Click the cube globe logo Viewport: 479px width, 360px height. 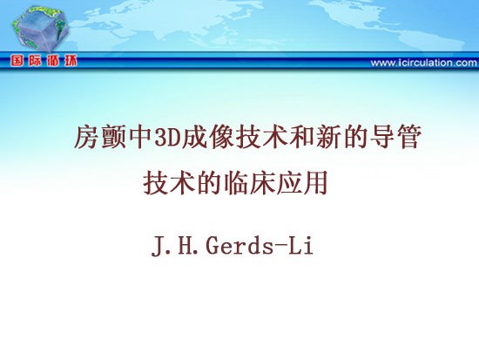click(x=40, y=29)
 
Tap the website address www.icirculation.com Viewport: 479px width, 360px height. click(x=424, y=63)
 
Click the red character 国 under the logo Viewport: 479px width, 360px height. click(x=17, y=61)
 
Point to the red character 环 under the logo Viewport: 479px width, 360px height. click(x=71, y=61)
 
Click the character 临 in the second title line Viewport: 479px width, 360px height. click(x=235, y=183)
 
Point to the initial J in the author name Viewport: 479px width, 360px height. click(x=159, y=247)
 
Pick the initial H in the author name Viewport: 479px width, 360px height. click(x=186, y=246)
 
